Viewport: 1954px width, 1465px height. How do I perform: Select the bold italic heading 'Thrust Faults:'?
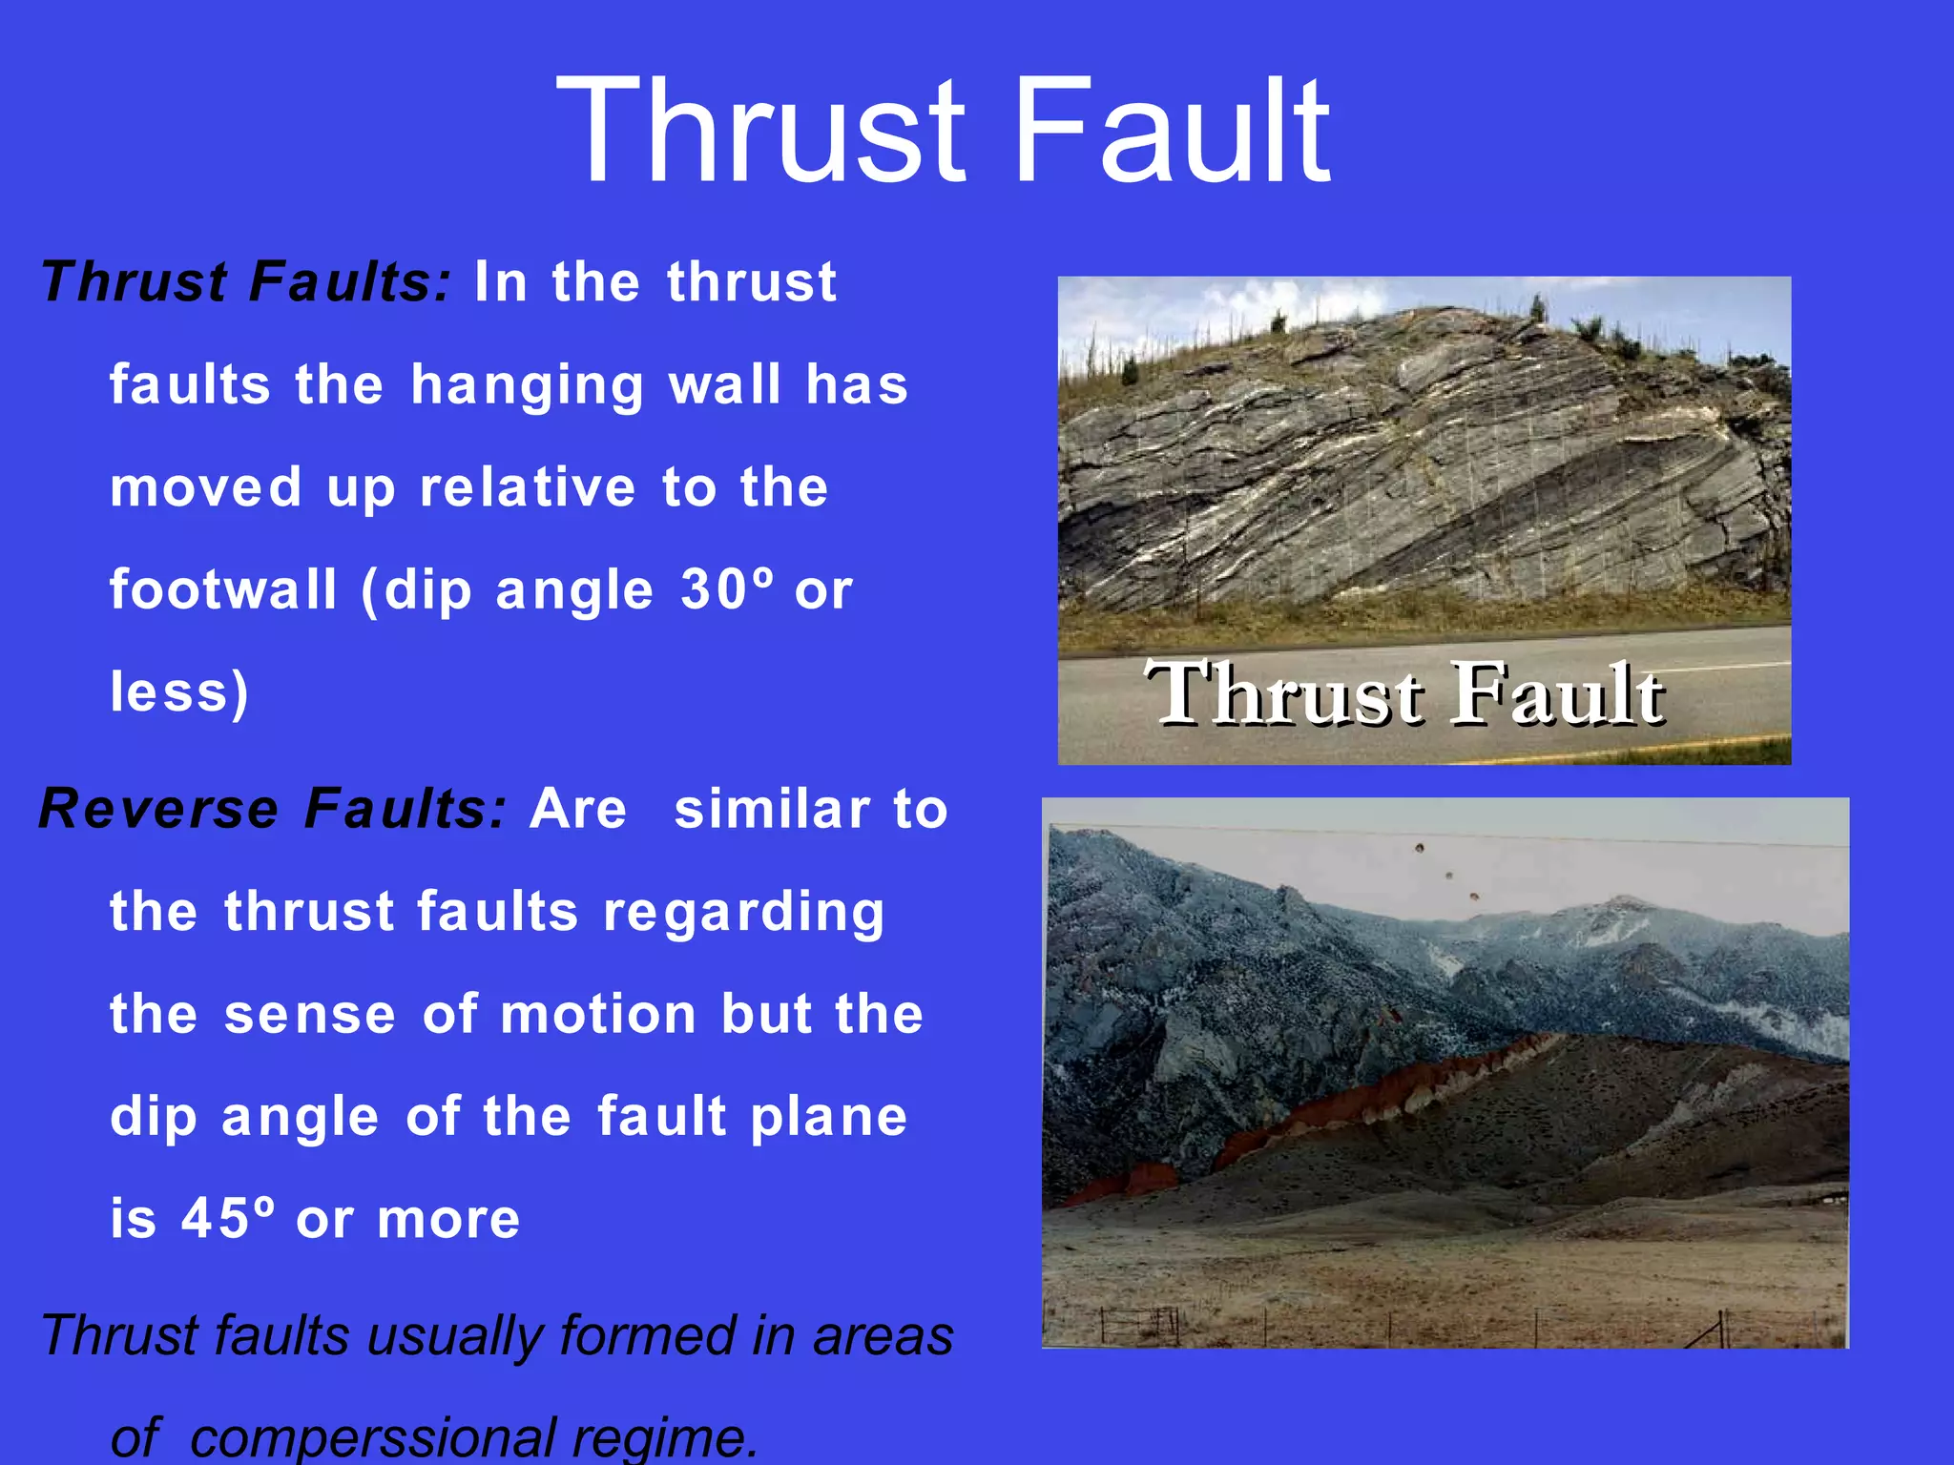click(x=245, y=282)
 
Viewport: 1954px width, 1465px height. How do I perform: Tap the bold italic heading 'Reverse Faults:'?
click(x=273, y=809)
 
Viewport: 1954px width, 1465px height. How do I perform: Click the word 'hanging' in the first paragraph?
click(x=528, y=386)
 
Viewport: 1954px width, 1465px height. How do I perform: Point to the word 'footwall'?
click(x=223, y=589)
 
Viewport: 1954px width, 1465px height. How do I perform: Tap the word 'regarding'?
click(x=744, y=913)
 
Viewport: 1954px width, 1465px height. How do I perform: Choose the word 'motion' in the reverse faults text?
click(x=598, y=1014)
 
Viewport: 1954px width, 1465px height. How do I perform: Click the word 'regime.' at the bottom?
click(x=664, y=1437)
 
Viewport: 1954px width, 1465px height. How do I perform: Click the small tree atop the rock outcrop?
click(x=1536, y=308)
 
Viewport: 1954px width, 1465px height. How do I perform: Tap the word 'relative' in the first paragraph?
click(x=528, y=488)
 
